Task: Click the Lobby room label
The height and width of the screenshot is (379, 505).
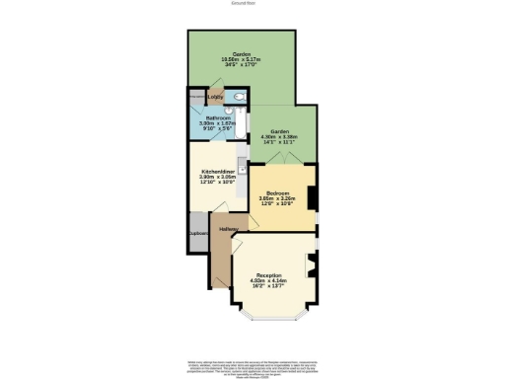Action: pos(215,98)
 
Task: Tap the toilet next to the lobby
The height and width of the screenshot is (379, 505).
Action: pos(240,97)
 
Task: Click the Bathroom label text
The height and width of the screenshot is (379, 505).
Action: pos(218,117)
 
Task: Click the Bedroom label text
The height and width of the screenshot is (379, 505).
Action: pos(280,192)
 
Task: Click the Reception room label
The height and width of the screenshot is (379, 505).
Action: pos(269,274)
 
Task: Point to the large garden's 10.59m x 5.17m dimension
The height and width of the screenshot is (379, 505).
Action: pos(242,60)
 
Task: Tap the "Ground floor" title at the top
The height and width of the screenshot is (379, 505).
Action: pos(243,4)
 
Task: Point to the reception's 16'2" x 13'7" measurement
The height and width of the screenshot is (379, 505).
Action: pos(269,286)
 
